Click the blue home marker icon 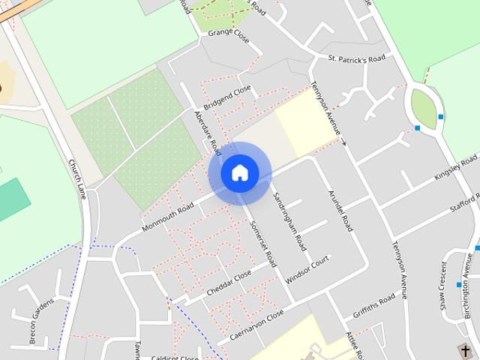pos(239,173)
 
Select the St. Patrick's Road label pos(356,58)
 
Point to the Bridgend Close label pos(227,98)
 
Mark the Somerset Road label pos(263,244)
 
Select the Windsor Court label pos(307,268)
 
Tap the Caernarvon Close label pos(257,324)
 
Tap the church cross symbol pos(466,350)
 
